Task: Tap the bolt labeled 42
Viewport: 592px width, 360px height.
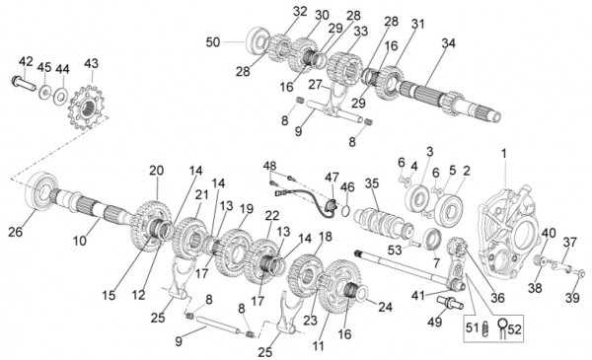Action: pos(24,83)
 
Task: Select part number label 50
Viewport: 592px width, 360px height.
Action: pos(213,42)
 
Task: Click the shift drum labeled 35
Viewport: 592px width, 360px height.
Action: pos(384,223)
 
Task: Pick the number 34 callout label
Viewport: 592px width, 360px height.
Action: pos(448,43)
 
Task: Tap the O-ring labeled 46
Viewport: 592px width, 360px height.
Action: pos(345,212)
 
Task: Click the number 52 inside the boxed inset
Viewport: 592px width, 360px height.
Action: pos(514,329)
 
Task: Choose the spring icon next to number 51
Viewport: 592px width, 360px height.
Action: pos(486,328)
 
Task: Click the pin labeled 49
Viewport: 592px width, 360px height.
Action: pos(450,302)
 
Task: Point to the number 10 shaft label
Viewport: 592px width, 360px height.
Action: pos(80,241)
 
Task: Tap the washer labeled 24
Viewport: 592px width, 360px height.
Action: pos(360,292)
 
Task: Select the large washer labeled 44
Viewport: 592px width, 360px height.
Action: pos(61,97)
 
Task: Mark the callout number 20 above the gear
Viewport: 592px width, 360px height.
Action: pos(156,171)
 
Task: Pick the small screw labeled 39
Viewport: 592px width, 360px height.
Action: pos(579,272)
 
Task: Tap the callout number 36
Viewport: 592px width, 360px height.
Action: pos(497,298)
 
